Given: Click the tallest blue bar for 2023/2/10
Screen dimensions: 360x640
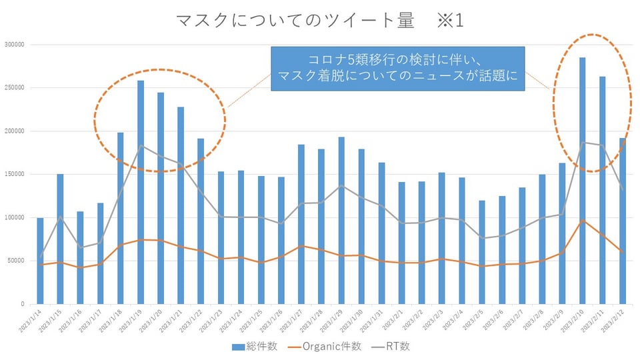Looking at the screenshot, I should pos(582,180).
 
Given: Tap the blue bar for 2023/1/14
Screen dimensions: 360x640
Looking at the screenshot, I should pos(40,261).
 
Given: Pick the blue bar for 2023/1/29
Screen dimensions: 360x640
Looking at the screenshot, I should pos(341,220).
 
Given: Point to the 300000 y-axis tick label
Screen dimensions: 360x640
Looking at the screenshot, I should pos(14,45).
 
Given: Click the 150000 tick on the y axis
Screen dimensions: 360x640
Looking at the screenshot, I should pos(14,175).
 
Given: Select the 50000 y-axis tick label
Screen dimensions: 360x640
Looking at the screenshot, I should pos(15,261).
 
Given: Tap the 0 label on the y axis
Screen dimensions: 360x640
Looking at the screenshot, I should pos(22,304).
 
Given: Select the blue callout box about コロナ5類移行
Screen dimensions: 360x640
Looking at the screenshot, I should pos(397,69).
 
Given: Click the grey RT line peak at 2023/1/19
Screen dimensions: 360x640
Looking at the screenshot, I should pos(141,146).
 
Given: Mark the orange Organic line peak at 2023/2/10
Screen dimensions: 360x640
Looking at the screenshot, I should pos(582,220).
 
